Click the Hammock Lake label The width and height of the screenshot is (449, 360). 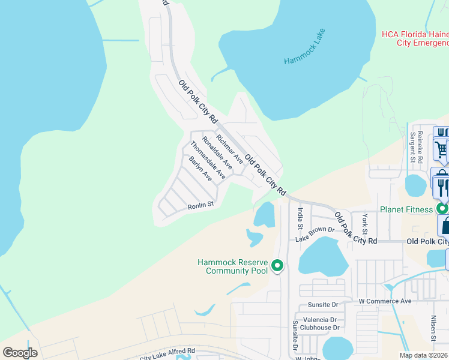coord(305,46)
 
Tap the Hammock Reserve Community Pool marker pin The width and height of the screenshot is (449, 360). coord(277,265)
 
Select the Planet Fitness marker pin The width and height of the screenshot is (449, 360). coord(442,209)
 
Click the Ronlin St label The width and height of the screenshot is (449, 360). coord(200,205)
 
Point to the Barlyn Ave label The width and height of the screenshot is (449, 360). coord(200,169)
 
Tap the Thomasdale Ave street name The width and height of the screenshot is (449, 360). coord(208,160)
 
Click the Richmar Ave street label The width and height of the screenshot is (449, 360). coord(230,149)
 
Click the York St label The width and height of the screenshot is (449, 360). coord(364,224)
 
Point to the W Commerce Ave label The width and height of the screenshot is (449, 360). coord(385,301)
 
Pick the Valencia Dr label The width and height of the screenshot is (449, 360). coord(319,320)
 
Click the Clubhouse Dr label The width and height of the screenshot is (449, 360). coord(320,328)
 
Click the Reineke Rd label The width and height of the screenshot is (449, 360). coord(420,145)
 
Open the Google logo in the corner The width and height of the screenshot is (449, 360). coord(20,352)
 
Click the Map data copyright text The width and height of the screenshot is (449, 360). coord(424,355)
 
